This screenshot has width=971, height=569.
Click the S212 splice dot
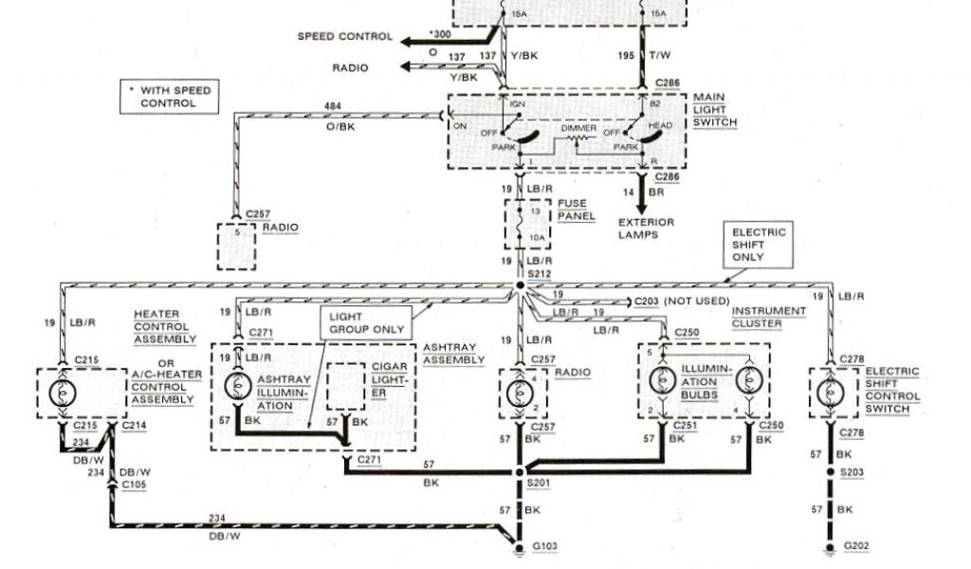pos(520,284)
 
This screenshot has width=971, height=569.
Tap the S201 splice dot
pos(520,471)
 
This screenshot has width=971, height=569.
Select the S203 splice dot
pos(832,471)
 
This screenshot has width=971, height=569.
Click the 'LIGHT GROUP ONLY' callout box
pos(366,322)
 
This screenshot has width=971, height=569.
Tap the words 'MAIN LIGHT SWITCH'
pos(714,110)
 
